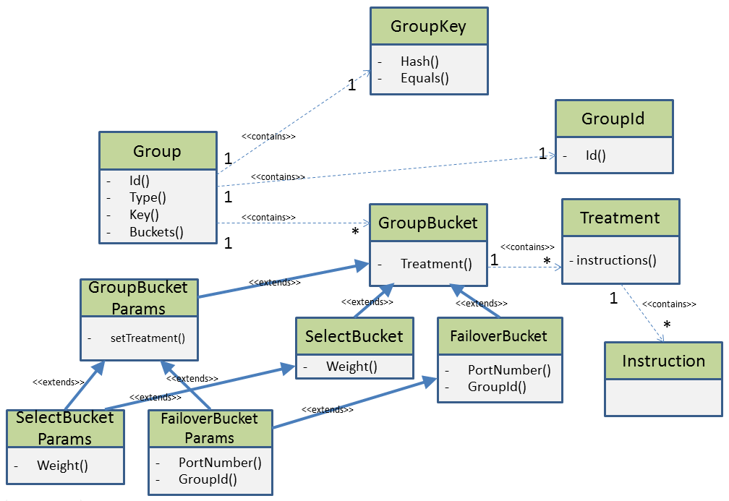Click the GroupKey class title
[x=428, y=27]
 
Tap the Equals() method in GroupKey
[x=425, y=78]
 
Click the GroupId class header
[x=613, y=119]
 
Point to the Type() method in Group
[x=148, y=197]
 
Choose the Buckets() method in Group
[x=156, y=232]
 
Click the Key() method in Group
[x=144, y=215]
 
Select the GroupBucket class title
[x=428, y=223]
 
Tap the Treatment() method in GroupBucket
[x=436, y=264]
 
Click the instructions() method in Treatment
[x=616, y=260]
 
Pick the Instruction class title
[x=663, y=361]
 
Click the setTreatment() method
[x=148, y=338]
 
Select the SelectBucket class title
[x=354, y=336]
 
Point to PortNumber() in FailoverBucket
[x=509, y=370]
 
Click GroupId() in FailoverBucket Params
[x=208, y=479]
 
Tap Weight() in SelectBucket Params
[x=62, y=466]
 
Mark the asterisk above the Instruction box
[x=667, y=326]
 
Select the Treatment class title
[x=620, y=218]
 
